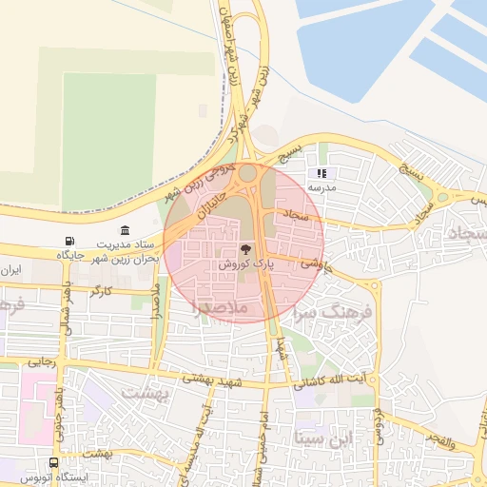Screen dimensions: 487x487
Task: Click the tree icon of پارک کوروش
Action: click(x=234, y=249)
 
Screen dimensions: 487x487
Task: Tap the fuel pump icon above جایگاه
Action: click(x=68, y=242)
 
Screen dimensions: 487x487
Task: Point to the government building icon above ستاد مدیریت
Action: click(x=127, y=231)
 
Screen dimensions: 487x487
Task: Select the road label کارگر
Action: click(x=99, y=290)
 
